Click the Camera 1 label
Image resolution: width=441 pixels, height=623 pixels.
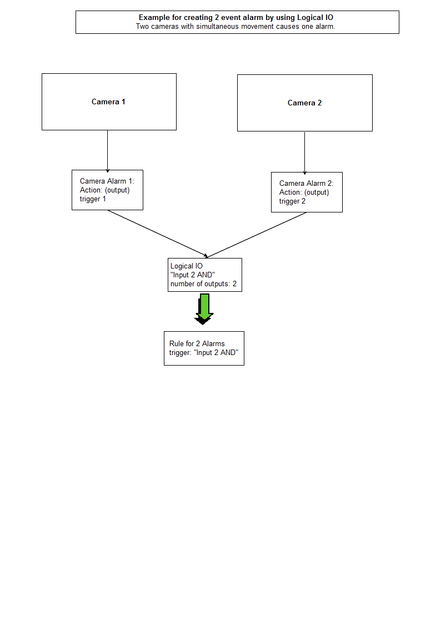(x=108, y=102)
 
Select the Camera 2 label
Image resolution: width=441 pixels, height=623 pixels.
(x=304, y=103)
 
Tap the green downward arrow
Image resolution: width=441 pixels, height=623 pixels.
(x=204, y=308)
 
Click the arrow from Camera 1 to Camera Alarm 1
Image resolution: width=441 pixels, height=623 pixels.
(x=107, y=150)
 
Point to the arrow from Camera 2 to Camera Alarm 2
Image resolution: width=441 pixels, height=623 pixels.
(x=304, y=152)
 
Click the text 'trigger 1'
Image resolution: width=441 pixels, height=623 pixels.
(x=93, y=199)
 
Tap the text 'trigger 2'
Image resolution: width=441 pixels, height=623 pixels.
(x=292, y=201)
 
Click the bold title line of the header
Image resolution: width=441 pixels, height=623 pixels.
(x=236, y=18)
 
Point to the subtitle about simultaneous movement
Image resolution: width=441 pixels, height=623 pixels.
(x=235, y=26)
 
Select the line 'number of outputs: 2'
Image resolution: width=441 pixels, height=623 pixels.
(x=203, y=284)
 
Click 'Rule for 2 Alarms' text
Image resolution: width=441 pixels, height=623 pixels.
(x=197, y=343)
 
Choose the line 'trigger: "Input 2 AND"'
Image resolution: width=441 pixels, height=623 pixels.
(x=203, y=353)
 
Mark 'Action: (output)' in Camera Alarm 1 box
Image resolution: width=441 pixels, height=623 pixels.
(x=104, y=190)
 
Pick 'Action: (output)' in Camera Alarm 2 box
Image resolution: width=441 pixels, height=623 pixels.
(x=304, y=193)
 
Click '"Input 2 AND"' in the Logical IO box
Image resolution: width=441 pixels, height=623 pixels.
(x=193, y=275)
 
